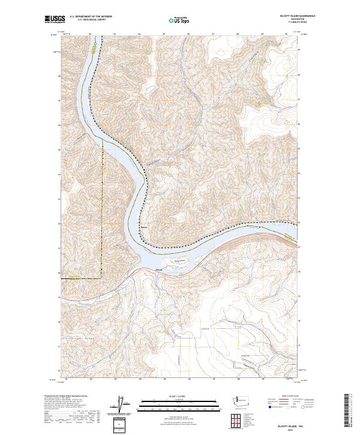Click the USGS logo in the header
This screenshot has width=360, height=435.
coord(53,20)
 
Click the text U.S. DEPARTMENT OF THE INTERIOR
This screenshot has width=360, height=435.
coord(88,17)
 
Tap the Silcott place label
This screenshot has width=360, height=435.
coord(159,270)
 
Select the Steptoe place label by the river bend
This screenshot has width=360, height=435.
coord(143,227)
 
